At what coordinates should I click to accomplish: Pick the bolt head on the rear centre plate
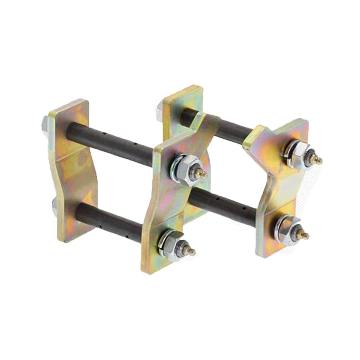(x=160, y=107)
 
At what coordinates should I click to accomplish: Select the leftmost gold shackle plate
(x=72, y=169)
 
